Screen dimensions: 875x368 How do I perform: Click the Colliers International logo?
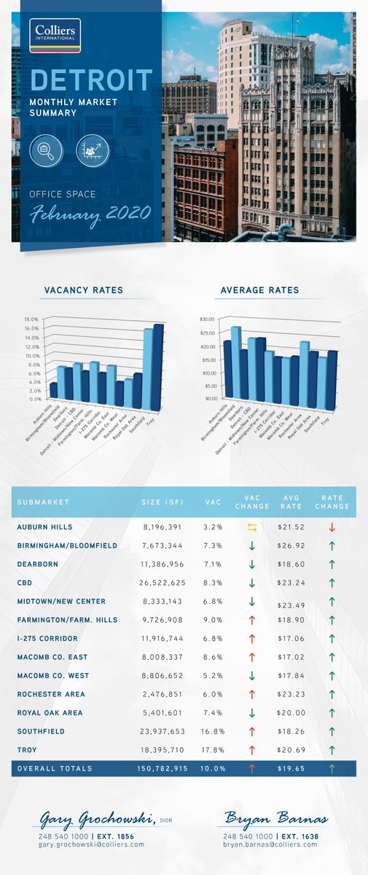[55, 36]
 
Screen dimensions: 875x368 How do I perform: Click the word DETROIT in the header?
[92, 79]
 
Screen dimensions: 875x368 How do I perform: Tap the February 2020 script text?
[90, 213]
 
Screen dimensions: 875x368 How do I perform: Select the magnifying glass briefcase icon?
[46, 151]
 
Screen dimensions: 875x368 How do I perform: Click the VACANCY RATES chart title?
[84, 290]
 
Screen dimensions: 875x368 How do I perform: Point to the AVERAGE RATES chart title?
[259, 290]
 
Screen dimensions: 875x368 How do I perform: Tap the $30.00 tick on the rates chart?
[207, 319]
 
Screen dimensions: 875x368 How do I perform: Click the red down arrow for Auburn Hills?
[332, 526]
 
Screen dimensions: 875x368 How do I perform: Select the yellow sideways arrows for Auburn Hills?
[251, 526]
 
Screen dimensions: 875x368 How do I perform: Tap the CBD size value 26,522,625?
[163, 582]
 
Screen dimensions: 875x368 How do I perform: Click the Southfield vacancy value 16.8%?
[213, 731]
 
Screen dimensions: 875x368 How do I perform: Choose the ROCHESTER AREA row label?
[51, 694]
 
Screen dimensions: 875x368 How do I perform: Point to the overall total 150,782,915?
[161, 769]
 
